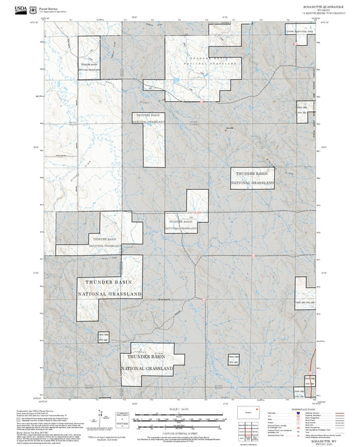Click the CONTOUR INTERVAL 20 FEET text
(178, 431)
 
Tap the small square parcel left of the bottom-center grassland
(103, 338)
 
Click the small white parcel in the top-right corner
(301, 42)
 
